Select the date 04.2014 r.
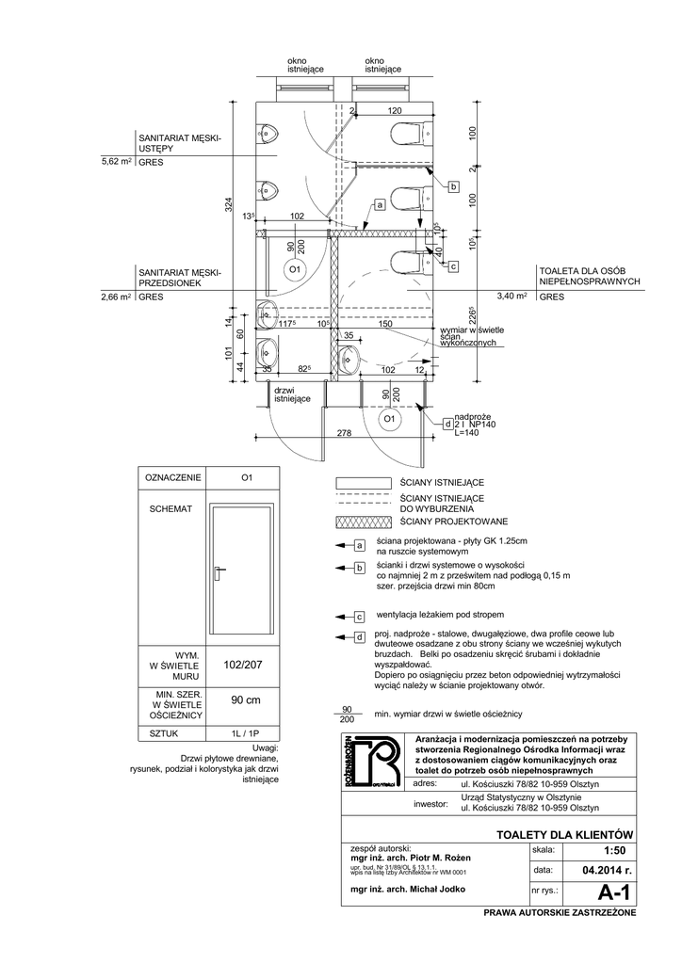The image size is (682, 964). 600,870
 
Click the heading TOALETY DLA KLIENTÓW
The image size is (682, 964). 562,835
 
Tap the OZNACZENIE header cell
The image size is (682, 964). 172,477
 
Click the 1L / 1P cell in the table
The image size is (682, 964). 244,731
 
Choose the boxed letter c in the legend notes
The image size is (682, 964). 359,617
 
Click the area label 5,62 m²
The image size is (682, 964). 116,162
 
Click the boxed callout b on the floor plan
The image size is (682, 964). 452,188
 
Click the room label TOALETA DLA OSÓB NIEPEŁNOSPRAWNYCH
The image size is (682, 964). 589,275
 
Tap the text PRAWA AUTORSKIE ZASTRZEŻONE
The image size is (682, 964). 560,913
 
